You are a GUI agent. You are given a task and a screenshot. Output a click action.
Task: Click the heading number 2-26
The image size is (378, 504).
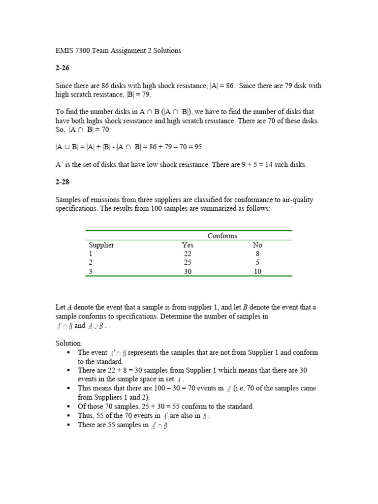[x=62, y=68]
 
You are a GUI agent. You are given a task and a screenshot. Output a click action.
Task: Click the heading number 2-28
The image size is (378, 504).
[x=62, y=182]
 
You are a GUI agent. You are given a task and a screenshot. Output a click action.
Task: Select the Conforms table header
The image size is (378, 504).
[x=222, y=236]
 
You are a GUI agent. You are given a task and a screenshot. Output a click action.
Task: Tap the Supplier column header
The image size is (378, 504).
[x=101, y=245]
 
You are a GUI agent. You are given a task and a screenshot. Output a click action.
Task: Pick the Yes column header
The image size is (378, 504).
[x=188, y=245]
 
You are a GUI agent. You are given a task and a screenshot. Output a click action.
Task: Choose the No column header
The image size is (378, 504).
[x=257, y=245]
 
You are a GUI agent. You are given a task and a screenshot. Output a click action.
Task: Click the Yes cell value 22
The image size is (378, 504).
[x=188, y=253]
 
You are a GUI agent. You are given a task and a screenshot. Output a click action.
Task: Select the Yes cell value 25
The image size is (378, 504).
[x=188, y=262]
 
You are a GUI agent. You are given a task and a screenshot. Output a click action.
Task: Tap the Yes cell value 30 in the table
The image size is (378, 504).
[x=188, y=271]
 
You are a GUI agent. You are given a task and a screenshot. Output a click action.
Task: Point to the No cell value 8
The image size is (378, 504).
[x=257, y=253]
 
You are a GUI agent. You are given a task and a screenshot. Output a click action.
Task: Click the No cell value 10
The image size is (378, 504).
[x=257, y=271]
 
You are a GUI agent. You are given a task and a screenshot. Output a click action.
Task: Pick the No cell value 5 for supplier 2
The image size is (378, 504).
[x=257, y=262]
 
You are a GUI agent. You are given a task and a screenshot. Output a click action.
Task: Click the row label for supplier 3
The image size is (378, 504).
[x=91, y=271]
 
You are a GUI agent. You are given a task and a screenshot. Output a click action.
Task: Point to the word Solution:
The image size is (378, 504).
[x=69, y=343]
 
